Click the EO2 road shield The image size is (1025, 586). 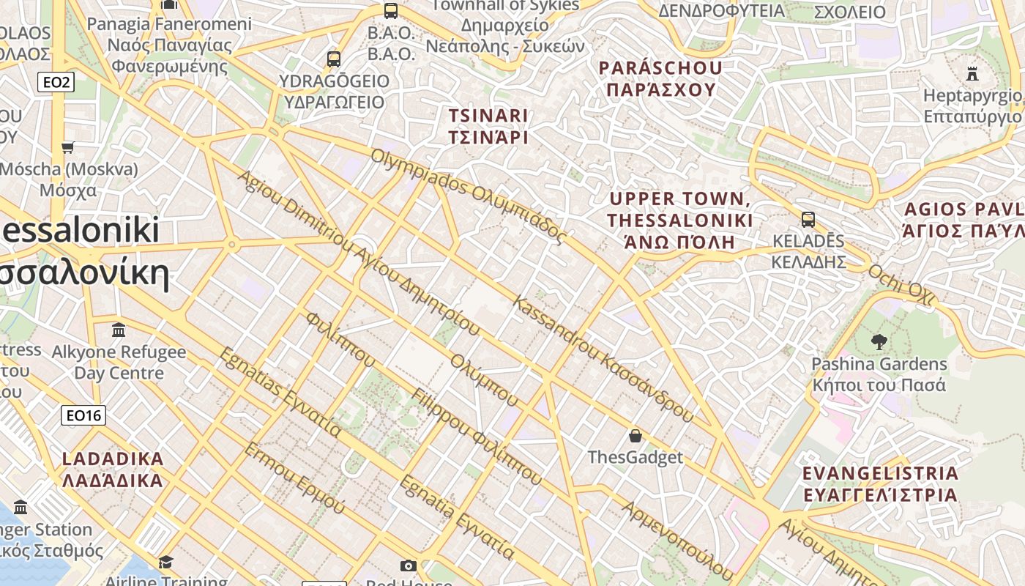(56, 82)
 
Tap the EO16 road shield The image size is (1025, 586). (83, 416)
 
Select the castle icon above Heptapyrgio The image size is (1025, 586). (972, 73)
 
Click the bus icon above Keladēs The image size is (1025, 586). (808, 219)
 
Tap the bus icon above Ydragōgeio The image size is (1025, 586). (334, 59)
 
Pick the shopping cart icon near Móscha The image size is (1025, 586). (68, 147)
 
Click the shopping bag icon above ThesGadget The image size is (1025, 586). (635, 436)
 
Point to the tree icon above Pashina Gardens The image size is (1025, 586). (879, 341)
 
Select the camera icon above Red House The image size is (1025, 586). (409, 565)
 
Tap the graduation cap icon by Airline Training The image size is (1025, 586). (166, 562)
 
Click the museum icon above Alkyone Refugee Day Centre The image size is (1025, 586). (119, 330)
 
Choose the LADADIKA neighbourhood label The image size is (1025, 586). (113, 470)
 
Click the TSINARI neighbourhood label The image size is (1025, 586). (488, 126)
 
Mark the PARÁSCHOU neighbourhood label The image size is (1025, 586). (660, 78)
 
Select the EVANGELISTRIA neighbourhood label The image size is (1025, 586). (880, 483)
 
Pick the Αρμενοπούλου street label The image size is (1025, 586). (677, 541)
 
